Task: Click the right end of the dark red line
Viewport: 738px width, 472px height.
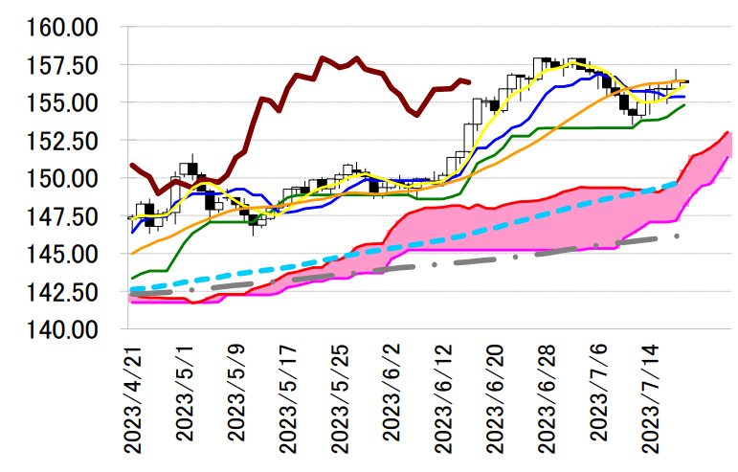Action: (468, 82)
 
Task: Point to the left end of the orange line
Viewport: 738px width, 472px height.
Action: (131, 254)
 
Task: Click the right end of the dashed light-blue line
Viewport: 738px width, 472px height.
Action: (678, 181)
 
